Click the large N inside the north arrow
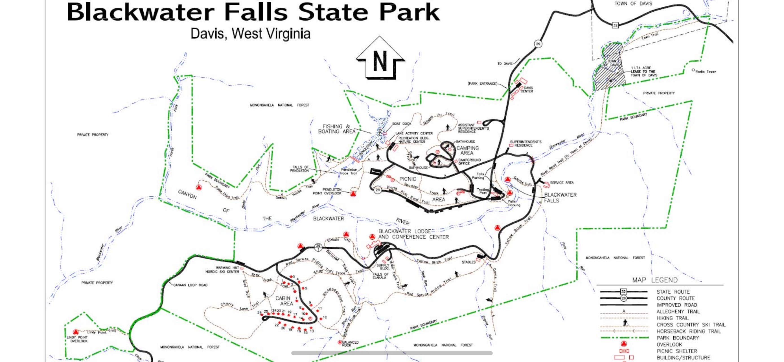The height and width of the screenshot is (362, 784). point(380,61)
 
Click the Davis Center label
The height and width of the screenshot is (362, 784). point(528,89)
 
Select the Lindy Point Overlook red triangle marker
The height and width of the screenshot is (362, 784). point(76,332)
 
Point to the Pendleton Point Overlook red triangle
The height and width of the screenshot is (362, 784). point(353,194)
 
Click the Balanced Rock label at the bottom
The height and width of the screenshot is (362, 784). point(350,343)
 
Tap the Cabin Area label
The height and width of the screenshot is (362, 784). point(284,301)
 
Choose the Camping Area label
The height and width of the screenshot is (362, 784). point(467,151)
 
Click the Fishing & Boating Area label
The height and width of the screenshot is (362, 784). point(337,129)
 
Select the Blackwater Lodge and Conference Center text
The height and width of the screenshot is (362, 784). point(413,234)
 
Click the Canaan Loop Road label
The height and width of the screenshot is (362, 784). point(190,285)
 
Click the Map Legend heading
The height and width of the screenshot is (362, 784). point(655,280)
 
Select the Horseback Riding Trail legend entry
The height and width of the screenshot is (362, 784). point(688,331)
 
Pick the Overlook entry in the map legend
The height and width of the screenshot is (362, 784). point(669,344)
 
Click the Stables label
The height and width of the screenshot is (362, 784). point(468,262)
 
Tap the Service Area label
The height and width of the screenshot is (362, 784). point(562,183)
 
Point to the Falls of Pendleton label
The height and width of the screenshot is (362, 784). point(299,169)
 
